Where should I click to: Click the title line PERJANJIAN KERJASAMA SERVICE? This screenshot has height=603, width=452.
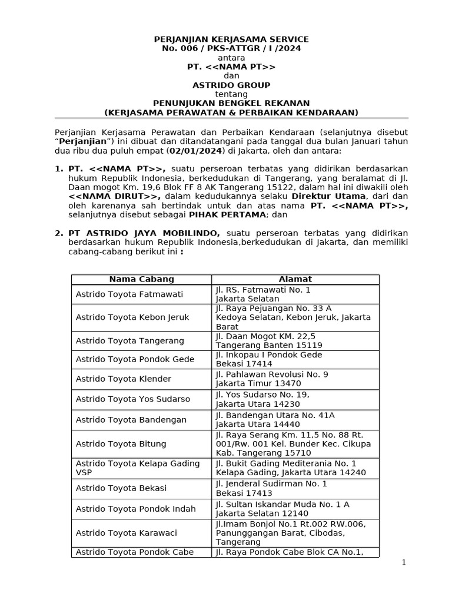231,39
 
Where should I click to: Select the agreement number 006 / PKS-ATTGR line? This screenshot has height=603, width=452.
231,48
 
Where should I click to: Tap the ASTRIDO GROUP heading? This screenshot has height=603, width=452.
231,85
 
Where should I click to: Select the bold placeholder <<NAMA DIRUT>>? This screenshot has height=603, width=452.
114,196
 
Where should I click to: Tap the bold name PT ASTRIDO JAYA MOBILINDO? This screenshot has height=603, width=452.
144,233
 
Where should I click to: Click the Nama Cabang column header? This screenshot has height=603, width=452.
141,279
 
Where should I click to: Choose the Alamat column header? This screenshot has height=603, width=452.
295,279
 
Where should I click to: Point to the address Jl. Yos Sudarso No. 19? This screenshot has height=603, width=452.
262,395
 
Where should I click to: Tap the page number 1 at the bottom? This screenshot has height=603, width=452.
404,562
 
